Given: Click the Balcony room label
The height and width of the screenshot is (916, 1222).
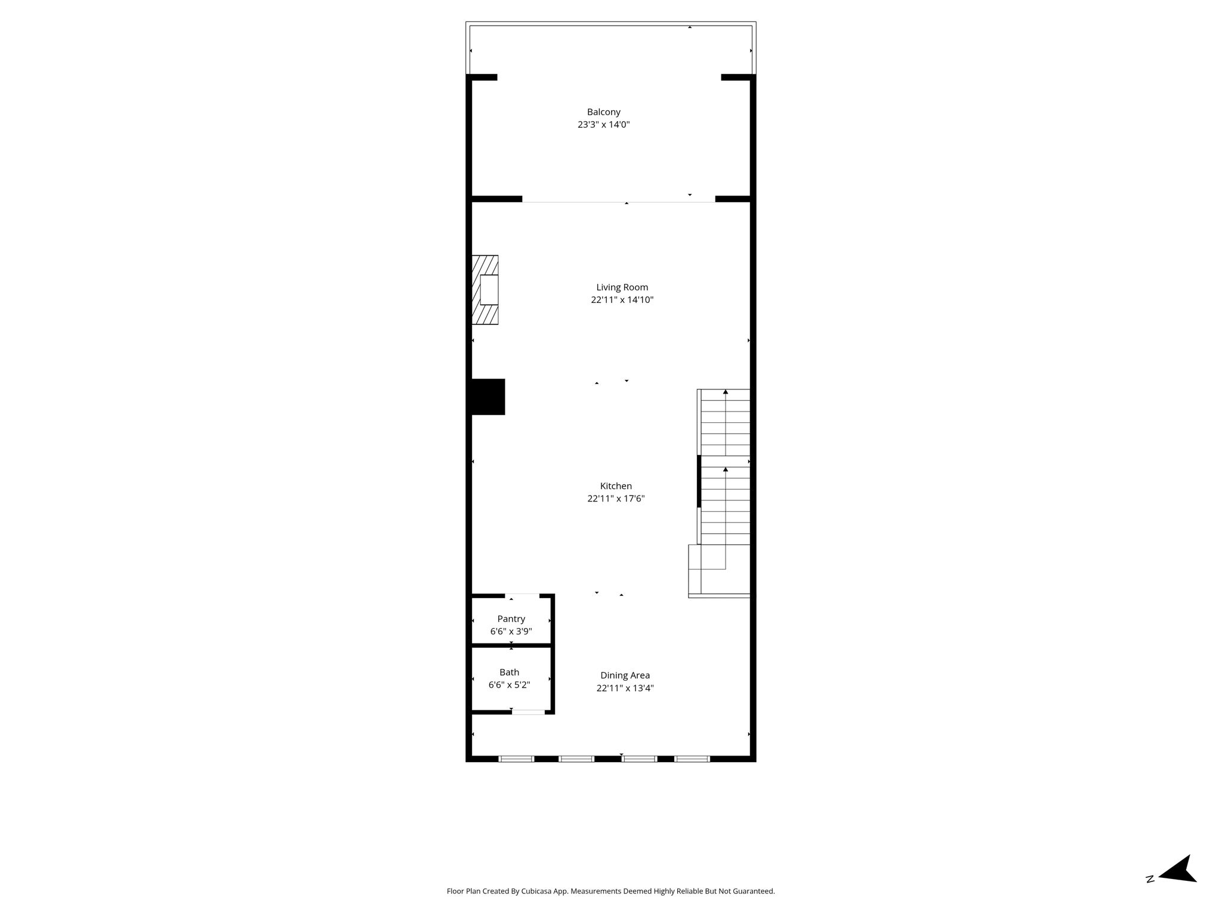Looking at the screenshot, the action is click(x=603, y=112).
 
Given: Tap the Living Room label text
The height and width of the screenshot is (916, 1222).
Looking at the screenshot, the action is click(x=622, y=287).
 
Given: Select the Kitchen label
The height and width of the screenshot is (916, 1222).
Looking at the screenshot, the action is click(x=616, y=486).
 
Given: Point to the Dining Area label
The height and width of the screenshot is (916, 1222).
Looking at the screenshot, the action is click(x=625, y=675).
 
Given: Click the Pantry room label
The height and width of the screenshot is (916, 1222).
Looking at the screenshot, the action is click(x=511, y=619).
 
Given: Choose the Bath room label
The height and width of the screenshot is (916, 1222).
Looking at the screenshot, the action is click(x=509, y=672).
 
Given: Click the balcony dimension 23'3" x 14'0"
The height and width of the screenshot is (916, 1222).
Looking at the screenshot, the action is click(x=603, y=125).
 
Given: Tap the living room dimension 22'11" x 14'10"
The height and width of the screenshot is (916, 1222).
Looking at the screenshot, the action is click(x=622, y=300).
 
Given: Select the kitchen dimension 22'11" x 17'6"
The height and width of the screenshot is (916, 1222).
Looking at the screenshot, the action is click(x=616, y=499).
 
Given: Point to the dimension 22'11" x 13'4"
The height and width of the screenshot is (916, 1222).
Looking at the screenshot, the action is click(x=625, y=688).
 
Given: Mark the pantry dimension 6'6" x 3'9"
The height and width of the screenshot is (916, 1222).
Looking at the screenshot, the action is click(x=511, y=632).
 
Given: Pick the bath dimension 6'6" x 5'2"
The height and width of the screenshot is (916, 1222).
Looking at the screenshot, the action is click(x=509, y=685).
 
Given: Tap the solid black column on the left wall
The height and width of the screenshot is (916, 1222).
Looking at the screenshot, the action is click(x=488, y=397).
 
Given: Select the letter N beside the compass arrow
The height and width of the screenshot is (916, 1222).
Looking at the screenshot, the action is click(x=1150, y=895).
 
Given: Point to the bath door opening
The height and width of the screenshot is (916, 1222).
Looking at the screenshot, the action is click(x=528, y=712).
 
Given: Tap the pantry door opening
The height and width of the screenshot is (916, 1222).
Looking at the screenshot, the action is click(x=522, y=595).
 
